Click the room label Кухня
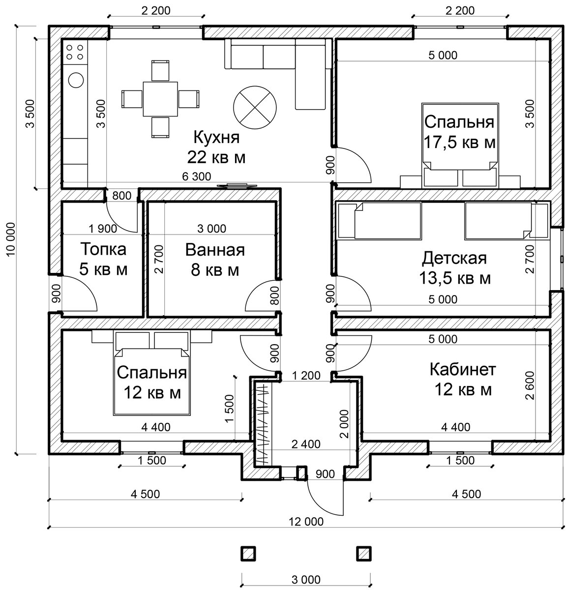click(216, 138)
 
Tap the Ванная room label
click(215, 250)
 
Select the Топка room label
click(103, 250)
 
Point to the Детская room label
click(454, 259)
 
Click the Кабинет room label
click(463, 370)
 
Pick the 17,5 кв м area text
click(460, 143)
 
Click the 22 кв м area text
click(216, 158)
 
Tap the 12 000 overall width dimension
click(306, 522)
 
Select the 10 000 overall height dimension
click(11, 239)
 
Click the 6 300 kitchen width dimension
click(196, 177)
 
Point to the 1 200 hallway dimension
click(306, 376)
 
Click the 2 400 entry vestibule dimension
click(306, 444)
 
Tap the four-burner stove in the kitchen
click(75, 52)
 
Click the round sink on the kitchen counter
click(76, 80)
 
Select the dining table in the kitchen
click(160, 99)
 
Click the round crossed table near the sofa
click(255, 108)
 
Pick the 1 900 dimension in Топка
click(103, 229)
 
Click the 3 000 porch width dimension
click(306, 580)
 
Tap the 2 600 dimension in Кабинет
click(531, 385)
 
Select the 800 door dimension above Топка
click(121, 196)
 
